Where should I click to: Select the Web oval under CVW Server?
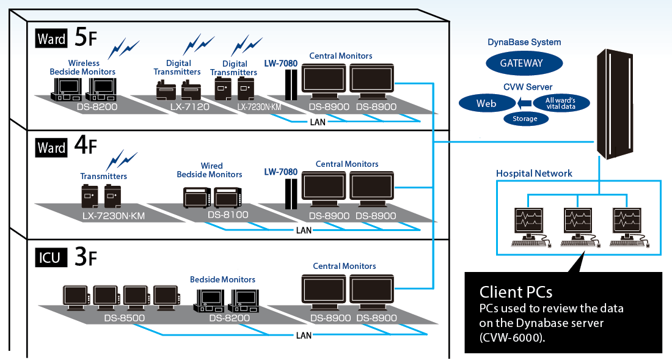(x=486, y=103)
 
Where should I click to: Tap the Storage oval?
(x=525, y=119)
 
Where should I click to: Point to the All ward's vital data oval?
(x=561, y=103)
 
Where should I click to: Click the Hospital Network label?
(x=534, y=174)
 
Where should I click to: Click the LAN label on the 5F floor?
(x=318, y=122)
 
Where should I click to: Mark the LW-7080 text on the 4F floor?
(x=280, y=172)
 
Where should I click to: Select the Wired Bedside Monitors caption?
(x=210, y=170)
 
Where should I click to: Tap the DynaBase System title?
(x=524, y=42)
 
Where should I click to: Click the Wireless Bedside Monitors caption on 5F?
(x=82, y=67)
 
